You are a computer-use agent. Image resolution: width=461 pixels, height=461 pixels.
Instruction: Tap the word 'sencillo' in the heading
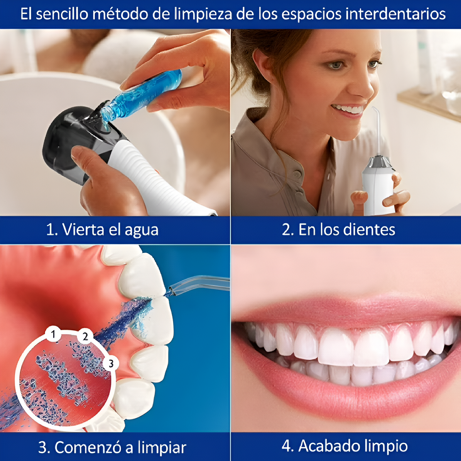click(x=62, y=14)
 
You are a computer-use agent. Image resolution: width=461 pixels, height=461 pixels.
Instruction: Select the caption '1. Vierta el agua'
click(x=102, y=230)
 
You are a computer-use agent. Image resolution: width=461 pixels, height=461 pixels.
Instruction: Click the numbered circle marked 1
click(x=53, y=334)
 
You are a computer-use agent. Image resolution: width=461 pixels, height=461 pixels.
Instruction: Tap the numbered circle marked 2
click(x=85, y=336)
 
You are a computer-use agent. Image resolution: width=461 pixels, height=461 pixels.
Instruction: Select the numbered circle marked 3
click(x=111, y=364)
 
